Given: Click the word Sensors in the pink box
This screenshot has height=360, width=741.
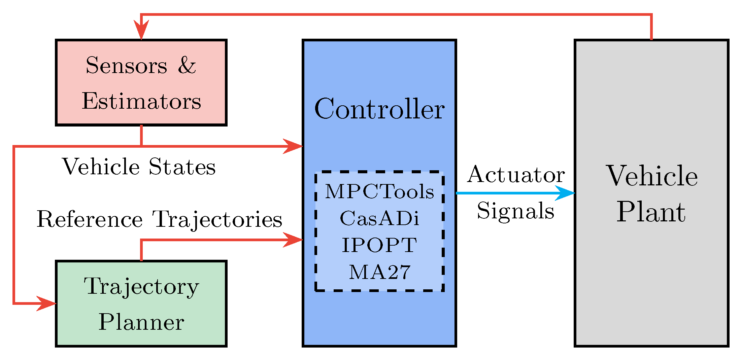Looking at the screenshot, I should [126, 65].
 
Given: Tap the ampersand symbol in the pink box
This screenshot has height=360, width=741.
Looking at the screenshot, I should [187, 65].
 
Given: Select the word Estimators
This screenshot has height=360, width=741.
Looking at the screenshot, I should [141, 101].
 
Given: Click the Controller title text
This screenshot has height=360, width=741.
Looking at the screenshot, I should [379, 109].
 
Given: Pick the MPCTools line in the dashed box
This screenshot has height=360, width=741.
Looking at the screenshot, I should [379, 192].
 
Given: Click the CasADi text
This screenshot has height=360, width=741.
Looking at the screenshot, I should [379, 219].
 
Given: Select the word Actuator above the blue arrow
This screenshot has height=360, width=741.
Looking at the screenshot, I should [516, 175].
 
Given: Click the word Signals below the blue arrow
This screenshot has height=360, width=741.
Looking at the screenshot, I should [516, 211].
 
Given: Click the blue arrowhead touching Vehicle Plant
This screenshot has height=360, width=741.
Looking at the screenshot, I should [566, 193].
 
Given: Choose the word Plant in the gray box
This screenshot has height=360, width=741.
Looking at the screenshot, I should [651, 212].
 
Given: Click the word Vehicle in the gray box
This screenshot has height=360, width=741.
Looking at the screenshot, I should [652, 176].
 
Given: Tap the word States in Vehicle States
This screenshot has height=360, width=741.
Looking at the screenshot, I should [182, 167].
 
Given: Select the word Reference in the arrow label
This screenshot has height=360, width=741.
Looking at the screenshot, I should [90, 219].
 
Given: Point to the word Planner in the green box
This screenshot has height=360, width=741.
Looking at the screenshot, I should [141, 322].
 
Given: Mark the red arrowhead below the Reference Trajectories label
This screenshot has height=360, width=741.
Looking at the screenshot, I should [293, 240].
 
